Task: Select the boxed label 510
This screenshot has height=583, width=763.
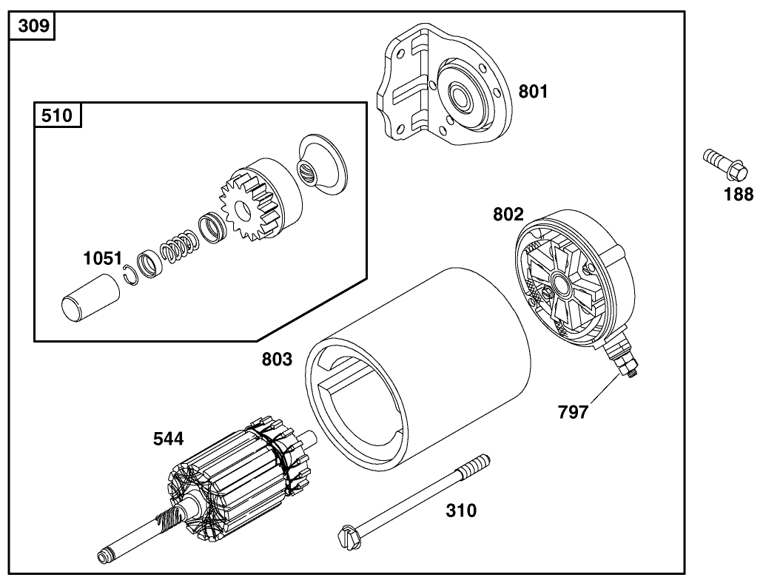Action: (x=58, y=116)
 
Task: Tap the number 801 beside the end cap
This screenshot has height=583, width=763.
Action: (x=533, y=92)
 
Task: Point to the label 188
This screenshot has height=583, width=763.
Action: (x=738, y=195)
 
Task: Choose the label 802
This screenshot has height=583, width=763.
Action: (x=508, y=215)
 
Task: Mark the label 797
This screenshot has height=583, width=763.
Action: (x=573, y=412)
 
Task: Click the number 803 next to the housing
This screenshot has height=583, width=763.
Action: (x=277, y=360)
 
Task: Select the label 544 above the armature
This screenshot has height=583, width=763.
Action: (x=169, y=439)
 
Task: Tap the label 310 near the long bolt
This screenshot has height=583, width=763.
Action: (x=460, y=510)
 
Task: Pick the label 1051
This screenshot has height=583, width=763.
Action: (x=101, y=258)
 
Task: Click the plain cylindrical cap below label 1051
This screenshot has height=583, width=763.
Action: (x=88, y=297)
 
